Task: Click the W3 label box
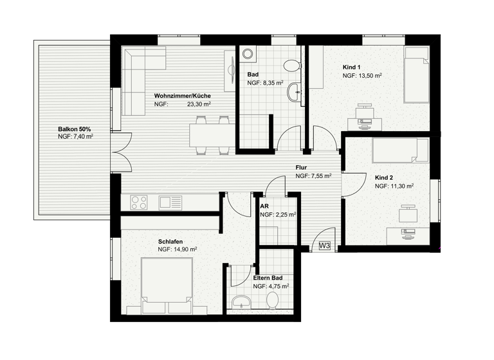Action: (x=324, y=246)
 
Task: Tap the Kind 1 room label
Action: (x=351, y=67)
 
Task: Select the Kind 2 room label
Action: (x=384, y=177)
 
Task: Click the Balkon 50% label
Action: (x=74, y=129)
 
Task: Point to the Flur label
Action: (x=301, y=167)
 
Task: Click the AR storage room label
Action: (x=264, y=206)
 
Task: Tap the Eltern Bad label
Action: (x=268, y=278)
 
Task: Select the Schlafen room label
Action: (x=170, y=242)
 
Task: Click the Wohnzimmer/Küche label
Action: (x=182, y=96)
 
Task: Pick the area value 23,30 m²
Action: (x=199, y=104)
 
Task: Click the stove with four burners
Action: (x=140, y=203)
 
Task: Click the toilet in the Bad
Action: (x=291, y=64)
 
